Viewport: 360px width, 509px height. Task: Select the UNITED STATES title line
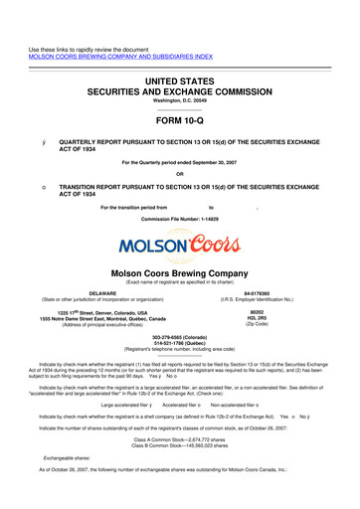point(179,64)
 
